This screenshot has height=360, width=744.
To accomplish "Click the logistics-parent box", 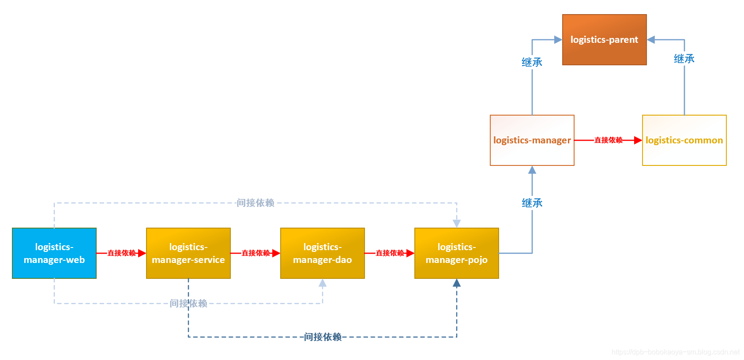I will click(604, 40).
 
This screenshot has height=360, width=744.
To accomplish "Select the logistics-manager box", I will click(532, 140).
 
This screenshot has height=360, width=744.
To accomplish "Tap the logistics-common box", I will click(684, 140).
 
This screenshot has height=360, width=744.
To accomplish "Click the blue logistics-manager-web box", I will click(54, 253).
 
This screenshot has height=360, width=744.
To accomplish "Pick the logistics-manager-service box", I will click(188, 253).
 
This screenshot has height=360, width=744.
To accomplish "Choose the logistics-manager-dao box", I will click(323, 253).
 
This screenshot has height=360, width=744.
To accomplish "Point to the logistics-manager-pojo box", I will click(457, 253).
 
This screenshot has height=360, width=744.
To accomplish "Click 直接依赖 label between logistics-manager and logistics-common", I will click(608, 140).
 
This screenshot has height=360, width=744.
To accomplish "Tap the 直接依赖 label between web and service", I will click(121, 253).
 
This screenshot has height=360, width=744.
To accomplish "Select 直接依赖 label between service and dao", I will click(256, 253).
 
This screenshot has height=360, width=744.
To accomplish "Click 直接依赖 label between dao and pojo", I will click(390, 253).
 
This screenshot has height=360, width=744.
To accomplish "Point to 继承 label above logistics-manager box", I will click(532, 62).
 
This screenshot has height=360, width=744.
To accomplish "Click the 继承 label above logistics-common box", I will click(684, 59).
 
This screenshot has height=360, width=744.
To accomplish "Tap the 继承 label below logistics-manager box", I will click(532, 203).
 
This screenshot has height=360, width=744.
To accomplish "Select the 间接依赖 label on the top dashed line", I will click(256, 203).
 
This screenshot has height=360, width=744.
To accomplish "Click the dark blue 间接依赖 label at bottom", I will click(323, 337).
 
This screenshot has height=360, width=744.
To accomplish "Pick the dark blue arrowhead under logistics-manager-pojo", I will click(457, 283).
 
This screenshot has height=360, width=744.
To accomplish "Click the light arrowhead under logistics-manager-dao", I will click(323, 283).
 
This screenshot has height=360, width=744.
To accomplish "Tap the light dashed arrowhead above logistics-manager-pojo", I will click(457, 223).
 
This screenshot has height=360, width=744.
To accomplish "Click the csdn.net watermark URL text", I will click(675, 352).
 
